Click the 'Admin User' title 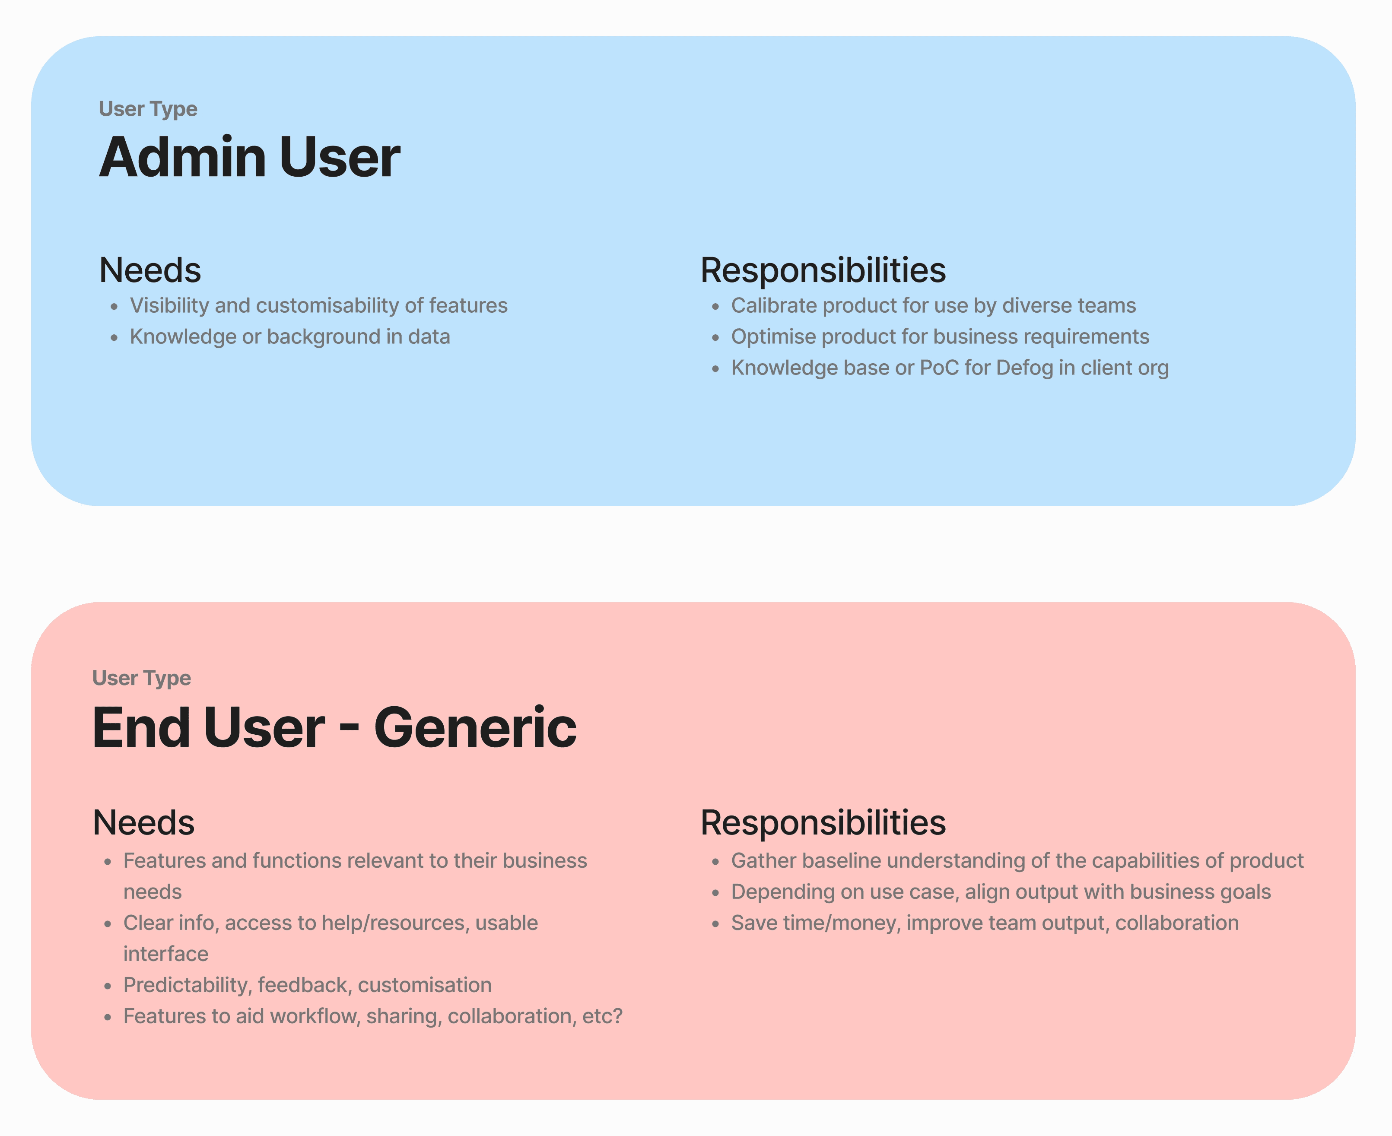[x=249, y=157]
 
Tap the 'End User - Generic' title [x=334, y=728]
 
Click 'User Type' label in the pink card [x=141, y=679]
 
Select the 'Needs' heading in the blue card [x=150, y=270]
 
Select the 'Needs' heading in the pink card [x=143, y=822]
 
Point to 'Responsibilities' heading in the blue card [x=823, y=271]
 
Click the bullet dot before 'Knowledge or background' [x=114, y=338]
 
